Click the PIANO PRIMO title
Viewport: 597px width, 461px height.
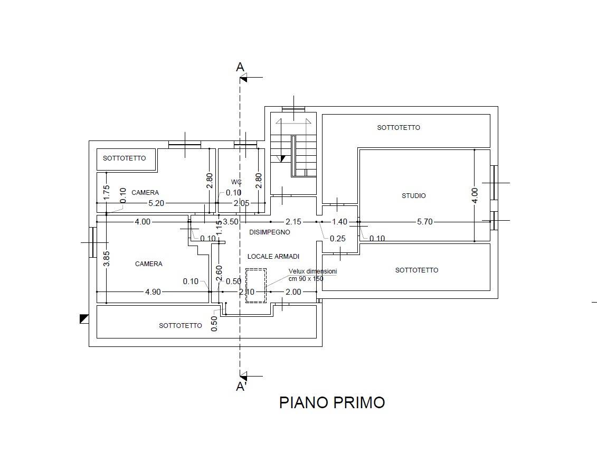point(331,402)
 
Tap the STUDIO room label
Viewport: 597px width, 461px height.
point(414,196)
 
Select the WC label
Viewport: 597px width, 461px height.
point(236,182)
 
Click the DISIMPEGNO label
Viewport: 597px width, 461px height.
point(270,232)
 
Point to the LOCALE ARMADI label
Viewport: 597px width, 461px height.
point(273,257)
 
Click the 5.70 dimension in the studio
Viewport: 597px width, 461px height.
point(425,222)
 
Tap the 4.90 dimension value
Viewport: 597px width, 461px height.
point(153,292)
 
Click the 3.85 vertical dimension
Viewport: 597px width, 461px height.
point(106,258)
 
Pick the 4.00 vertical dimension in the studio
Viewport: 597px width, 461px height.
point(475,195)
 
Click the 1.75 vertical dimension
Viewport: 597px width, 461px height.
point(106,192)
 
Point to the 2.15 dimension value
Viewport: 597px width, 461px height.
point(293,222)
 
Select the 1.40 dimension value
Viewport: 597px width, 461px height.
point(340,222)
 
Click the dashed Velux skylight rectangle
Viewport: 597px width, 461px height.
point(256,285)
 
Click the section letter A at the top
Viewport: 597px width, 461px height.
point(240,67)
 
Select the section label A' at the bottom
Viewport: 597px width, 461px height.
point(241,387)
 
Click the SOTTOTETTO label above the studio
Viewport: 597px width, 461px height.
point(399,128)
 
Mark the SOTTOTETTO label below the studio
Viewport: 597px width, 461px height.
point(416,270)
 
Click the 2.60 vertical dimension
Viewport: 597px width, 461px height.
point(219,275)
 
